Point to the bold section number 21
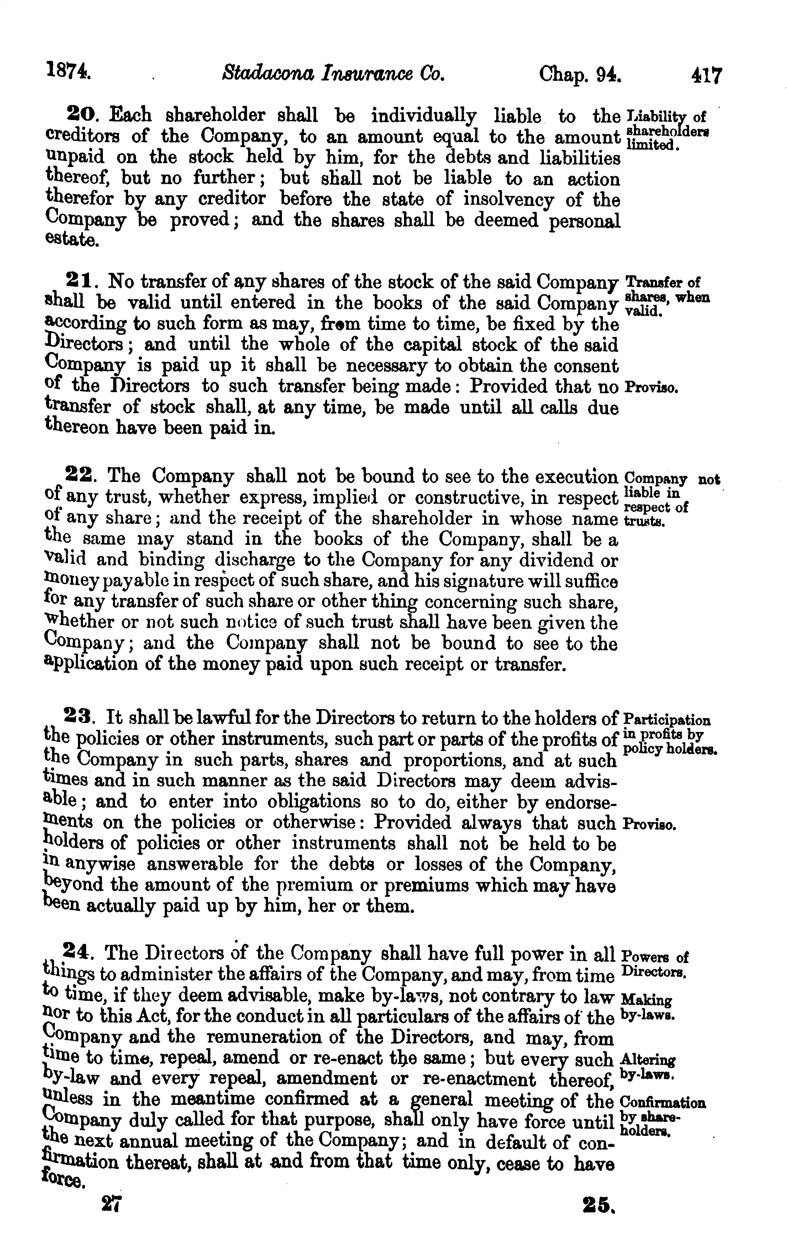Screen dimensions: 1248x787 (80, 281)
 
